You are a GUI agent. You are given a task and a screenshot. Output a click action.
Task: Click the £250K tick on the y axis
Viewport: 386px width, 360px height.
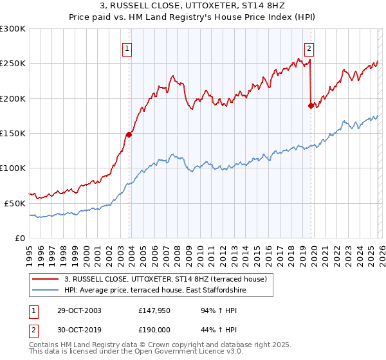13,64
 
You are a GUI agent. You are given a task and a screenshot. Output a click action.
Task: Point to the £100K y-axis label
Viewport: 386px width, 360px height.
13,168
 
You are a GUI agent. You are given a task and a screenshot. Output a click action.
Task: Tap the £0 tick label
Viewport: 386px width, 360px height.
20,238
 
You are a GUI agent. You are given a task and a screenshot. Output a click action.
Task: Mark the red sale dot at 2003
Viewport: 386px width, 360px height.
129,134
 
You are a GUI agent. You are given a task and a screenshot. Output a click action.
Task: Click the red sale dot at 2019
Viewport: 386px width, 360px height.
311,105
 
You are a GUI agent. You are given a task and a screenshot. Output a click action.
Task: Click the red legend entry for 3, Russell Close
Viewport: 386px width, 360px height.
170,279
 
